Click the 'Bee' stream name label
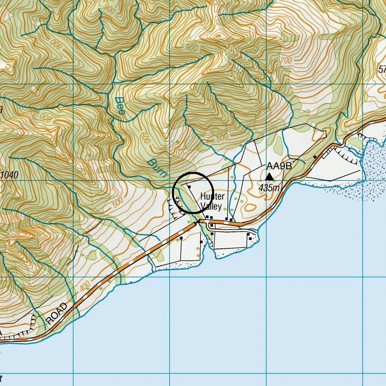(x=120, y=105)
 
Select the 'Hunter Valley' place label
(x=212, y=201)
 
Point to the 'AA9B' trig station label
(x=279, y=166)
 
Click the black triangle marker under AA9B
(x=269, y=176)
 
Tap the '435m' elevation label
(x=270, y=188)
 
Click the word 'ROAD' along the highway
(x=57, y=314)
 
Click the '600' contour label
(x=145, y=140)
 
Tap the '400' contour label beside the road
(x=85, y=287)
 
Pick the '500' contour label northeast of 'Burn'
(x=222, y=137)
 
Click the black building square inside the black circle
(x=189, y=186)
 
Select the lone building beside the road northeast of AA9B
(x=315, y=157)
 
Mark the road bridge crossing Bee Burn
(x=198, y=222)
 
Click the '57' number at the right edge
(x=382, y=70)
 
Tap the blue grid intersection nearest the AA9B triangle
(x=266, y=180)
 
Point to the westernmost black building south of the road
(x=181, y=238)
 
